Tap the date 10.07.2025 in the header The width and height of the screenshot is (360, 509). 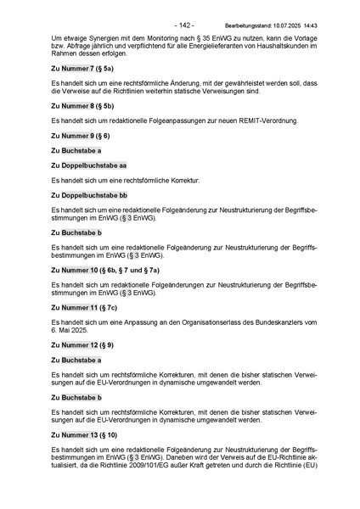click(288, 26)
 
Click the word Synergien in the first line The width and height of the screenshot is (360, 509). click(100, 40)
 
